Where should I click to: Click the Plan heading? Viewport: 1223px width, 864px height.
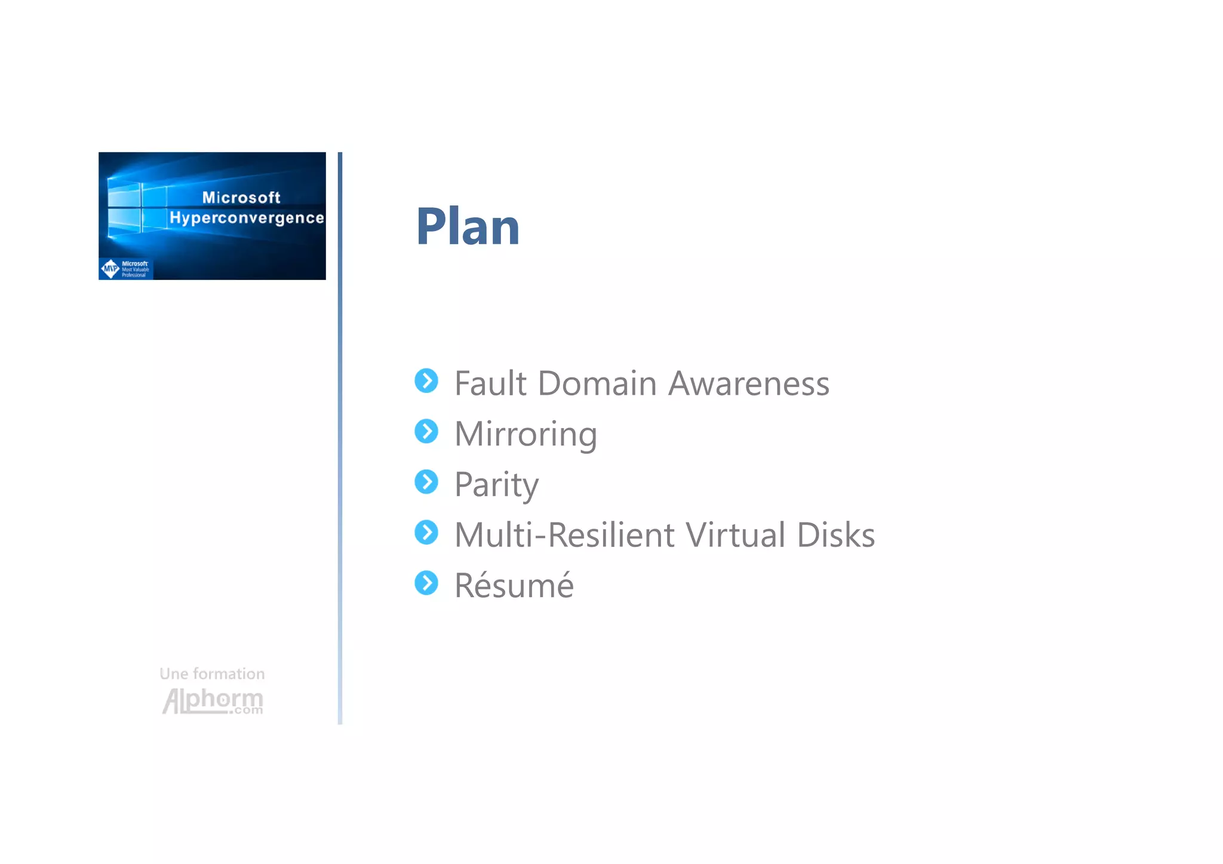[468, 226]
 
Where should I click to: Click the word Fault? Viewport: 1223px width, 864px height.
[490, 383]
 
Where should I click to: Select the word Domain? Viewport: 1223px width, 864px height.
[597, 383]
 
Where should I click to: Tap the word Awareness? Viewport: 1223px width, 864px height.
[749, 383]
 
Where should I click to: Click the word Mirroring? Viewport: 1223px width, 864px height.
[526, 434]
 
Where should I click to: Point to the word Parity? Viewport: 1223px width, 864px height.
[496, 485]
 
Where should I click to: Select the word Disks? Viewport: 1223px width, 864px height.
[835, 535]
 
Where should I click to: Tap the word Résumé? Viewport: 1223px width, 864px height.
[514, 586]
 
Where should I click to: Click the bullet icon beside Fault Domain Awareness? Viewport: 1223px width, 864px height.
[426, 381]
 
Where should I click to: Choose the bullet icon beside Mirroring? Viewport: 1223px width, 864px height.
[426, 431]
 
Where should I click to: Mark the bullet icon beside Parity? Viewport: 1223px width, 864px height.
[426, 482]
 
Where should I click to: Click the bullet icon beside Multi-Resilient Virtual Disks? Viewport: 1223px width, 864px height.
[426, 533]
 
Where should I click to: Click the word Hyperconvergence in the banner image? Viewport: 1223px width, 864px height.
[247, 218]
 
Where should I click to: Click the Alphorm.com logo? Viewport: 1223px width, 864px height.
[213, 701]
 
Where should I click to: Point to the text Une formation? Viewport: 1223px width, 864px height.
[212, 674]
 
